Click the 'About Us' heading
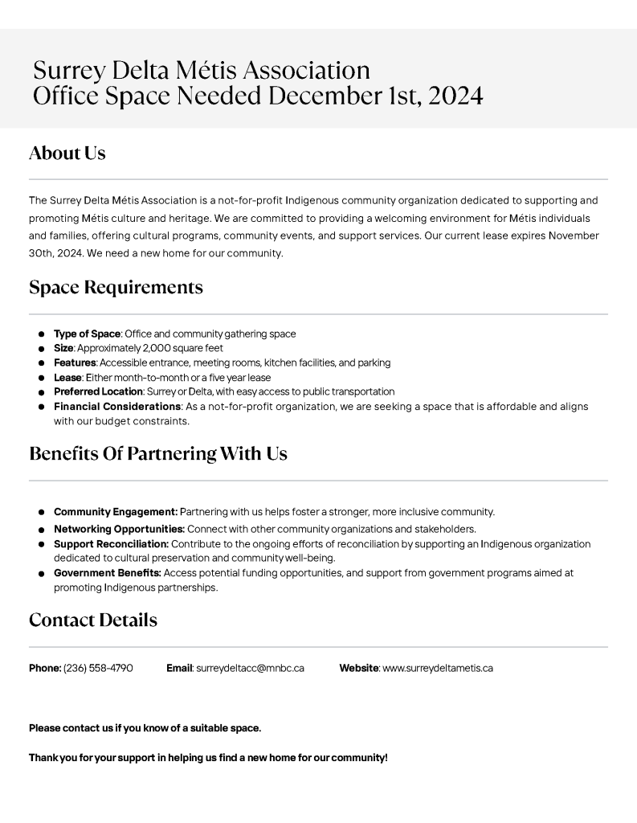click(x=67, y=153)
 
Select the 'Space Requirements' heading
click(x=116, y=287)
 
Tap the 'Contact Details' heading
click(x=93, y=620)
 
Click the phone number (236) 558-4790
click(x=98, y=668)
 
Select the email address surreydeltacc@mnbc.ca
click(x=250, y=668)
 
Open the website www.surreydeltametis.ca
click(x=438, y=668)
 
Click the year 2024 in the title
click(x=455, y=96)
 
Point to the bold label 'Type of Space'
click(x=87, y=334)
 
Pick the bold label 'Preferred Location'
click(x=98, y=391)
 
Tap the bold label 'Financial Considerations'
click(x=117, y=407)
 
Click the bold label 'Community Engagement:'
click(x=116, y=512)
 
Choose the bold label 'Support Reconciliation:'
click(x=111, y=544)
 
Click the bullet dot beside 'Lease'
click(x=41, y=378)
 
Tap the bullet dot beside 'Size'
click(x=41, y=349)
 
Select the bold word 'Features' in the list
click(x=75, y=362)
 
